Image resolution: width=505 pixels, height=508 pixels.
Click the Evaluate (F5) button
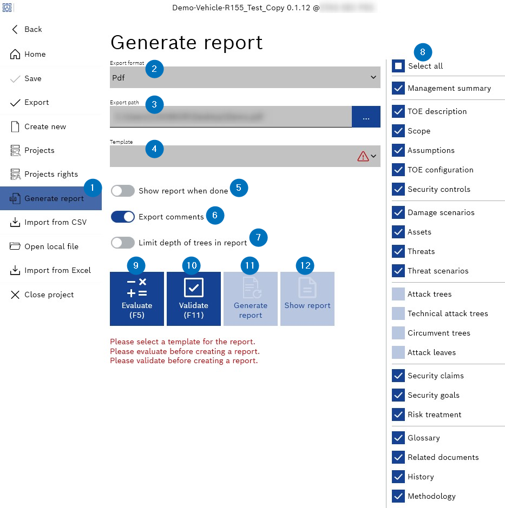[137, 298]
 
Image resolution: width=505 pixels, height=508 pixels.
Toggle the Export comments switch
[123, 217]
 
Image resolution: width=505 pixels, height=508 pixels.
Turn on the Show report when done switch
[123, 191]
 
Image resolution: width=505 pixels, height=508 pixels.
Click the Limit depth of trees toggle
[123, 243]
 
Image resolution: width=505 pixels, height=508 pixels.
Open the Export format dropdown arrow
[373, 77]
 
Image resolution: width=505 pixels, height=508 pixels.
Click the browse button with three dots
[366, 117]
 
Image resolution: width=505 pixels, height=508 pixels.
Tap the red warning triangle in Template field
[363, 156]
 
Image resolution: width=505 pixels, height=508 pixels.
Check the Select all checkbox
[398, 66]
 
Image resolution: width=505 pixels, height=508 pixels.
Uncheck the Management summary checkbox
[398, 88]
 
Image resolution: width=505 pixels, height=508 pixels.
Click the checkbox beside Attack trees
[398, 294]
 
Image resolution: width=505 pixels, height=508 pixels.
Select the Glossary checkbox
[398, 438]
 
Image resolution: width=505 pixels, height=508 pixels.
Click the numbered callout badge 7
[259, 237]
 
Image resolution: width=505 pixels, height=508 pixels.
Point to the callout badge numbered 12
[306, 265]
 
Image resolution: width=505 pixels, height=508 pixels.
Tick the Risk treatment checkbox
[398, 415]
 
